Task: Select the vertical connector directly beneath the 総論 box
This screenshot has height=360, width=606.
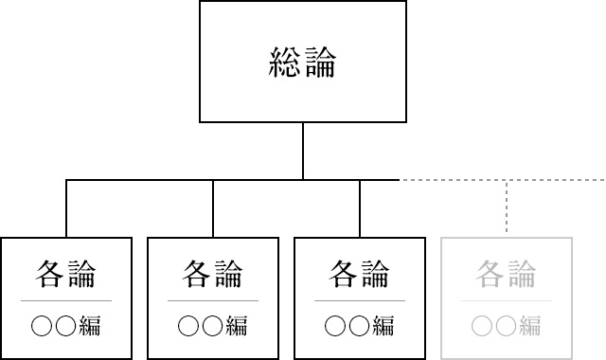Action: (x=303, y=151)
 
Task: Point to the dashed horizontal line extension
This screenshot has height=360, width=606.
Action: (x=502, y=179)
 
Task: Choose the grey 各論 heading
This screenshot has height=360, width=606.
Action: (x=507, y=274)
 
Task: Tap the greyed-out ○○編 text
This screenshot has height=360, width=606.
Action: (x=507, y=327)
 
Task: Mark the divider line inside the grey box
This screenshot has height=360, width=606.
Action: (x=507, y=301)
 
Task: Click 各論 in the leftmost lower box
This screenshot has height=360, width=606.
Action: (x=66, y=274)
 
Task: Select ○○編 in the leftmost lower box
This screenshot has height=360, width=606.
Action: (x=66, y=327)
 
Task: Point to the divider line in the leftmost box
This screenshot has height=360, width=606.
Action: (x=66, y=301)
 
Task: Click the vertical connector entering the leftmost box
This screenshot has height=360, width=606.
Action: (x=66, y=207)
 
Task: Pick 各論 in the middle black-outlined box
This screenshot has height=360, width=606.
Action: (x=213, y=274)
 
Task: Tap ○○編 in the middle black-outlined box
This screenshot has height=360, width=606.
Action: (x=213, y=327)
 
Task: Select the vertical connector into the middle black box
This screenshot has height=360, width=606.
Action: (x=213, y=207)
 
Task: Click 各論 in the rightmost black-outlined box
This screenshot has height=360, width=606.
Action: (x=360, y=274)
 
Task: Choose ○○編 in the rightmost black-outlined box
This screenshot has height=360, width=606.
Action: (x=360, y=327)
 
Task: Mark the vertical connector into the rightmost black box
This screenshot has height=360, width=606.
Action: (x=360, y=207)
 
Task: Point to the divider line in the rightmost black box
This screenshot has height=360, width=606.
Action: (x=360, y=301)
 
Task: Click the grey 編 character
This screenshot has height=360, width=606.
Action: (x=529, y=327)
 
